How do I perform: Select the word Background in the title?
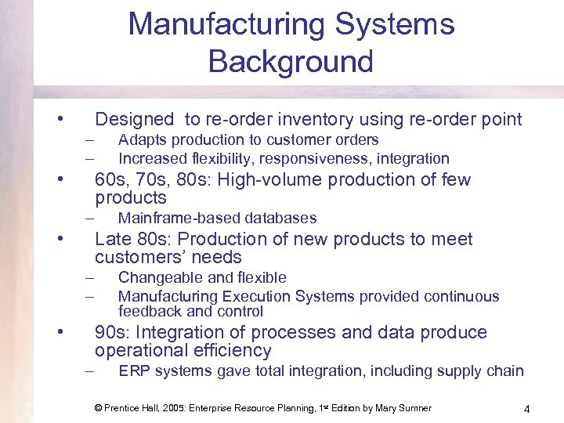[291, 60]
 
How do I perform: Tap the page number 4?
[527, 409]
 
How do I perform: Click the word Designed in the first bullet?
[134, 120]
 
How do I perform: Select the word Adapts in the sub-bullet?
[141, 140]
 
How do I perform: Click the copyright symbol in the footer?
[98, 408]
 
